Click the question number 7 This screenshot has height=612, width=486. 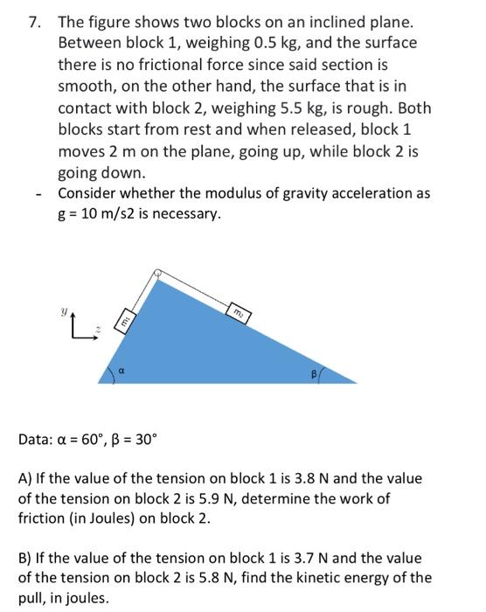[33, 21]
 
